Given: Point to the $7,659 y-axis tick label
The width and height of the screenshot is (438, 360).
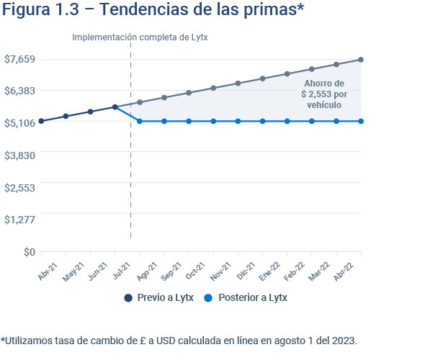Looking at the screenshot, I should click(x=20, y=59).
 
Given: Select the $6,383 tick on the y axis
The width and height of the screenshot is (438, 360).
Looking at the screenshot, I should click(x=20, y=91).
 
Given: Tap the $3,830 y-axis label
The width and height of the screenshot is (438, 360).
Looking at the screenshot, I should click(x=20, y=155).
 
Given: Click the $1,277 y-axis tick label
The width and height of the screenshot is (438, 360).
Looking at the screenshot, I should click(x=20, y=219).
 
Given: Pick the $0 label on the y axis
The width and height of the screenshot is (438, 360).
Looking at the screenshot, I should click(x=29, y=251).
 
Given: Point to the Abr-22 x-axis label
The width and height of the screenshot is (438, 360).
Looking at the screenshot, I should click(x=351, y=271).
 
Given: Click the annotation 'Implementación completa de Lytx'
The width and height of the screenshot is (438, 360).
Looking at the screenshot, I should click(x=140, y=37).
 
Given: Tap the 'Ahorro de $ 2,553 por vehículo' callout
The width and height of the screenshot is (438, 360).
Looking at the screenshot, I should click(x=323, y=94).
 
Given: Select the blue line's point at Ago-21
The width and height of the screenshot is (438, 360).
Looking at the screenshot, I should click(x=140, y=121).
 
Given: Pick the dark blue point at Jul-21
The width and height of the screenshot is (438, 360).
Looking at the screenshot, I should click(x=115, y=107).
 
